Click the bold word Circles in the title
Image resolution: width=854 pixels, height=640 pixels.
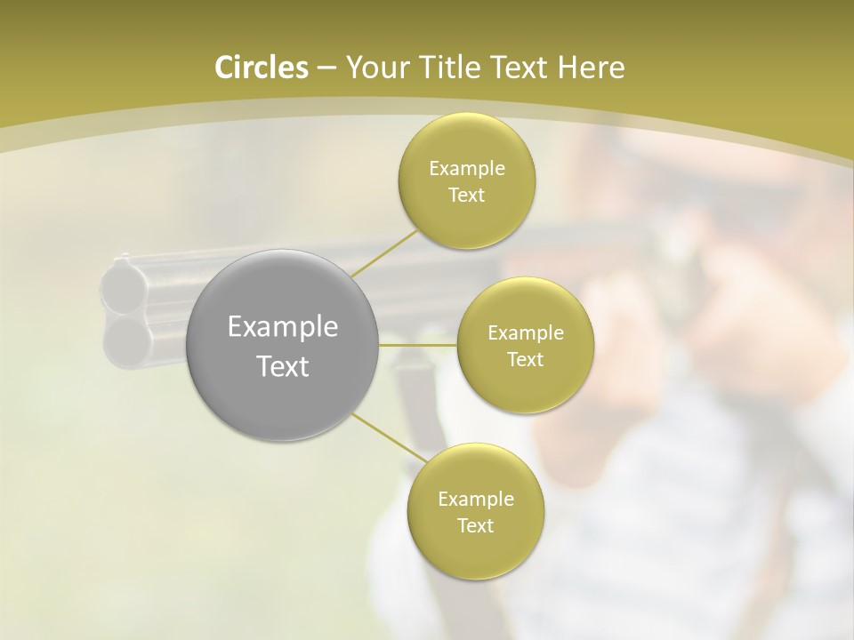pos(262,68)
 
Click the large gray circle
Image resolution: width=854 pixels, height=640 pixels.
pos(283,346)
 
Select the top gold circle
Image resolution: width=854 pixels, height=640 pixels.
pos(466,181)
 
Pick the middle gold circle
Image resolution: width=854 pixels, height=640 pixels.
pos(525,346)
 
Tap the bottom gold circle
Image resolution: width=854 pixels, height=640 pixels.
pos(475,511)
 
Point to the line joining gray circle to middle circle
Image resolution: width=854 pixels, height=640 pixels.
pos(418,344)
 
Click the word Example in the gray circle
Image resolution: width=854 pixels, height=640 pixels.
pos(283,327)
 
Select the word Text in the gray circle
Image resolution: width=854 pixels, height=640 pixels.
pos(283,365)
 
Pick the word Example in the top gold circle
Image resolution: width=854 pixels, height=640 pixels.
pos(466,168)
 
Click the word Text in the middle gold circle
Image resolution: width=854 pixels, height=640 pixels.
pos(525,359)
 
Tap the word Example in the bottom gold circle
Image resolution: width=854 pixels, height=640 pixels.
pos(475,499)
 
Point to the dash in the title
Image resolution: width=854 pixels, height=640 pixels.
pos(326,68)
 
